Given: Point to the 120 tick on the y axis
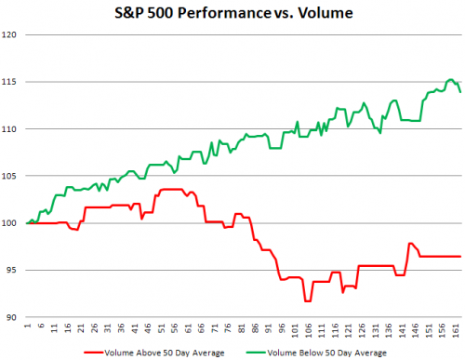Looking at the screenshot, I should point(13,34).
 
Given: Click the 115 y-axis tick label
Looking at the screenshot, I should point(13,82).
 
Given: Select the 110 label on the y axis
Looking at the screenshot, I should point(13,128).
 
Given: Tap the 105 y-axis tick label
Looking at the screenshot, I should point(13,176).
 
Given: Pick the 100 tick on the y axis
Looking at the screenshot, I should point(13,223).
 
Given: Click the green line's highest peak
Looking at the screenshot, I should point(450,80).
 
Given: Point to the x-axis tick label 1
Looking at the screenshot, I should point(29,327).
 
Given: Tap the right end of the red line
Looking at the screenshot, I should point(460,256).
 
